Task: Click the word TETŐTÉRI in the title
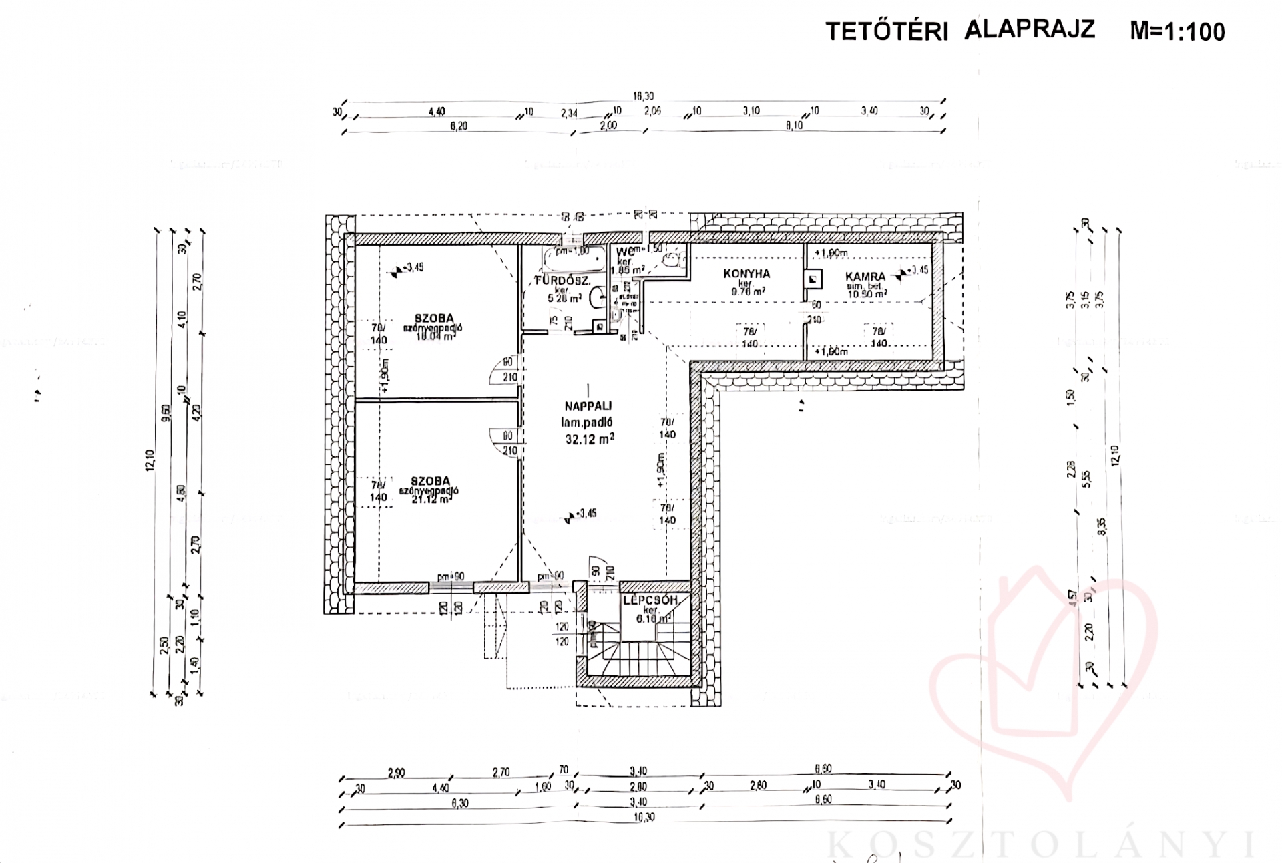pyautogui.click(x=887, y=31)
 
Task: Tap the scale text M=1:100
pyautogui.click(x=1177, y=31)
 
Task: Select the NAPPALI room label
pyautogui.click(x=588, y=405)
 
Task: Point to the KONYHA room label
pyautogui.click(x=746, y=273)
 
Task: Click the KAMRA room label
pyautogui.click(x=865, y=276)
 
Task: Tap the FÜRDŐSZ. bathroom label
pyautogui.click(x=562, y=281)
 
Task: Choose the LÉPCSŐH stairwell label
pyautogui.click(x=650, y=600)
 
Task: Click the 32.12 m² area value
pyautogui.click(x=589, y=439)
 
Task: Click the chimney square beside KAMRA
pyautogui.click(x=813, y=279)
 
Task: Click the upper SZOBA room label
pyautogui.click(x=433, y=319)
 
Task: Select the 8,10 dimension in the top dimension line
pyautogui.click(x=794, y=125)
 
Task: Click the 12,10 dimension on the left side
pyautogui.click(x=150, y=461)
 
